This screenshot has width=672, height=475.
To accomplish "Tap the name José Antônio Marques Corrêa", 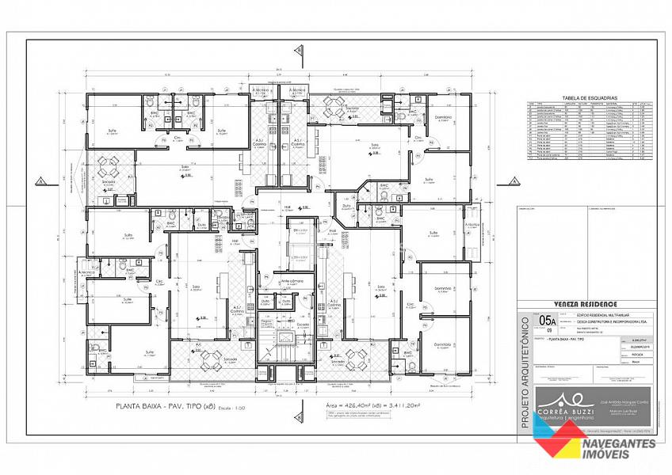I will (609, 402).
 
